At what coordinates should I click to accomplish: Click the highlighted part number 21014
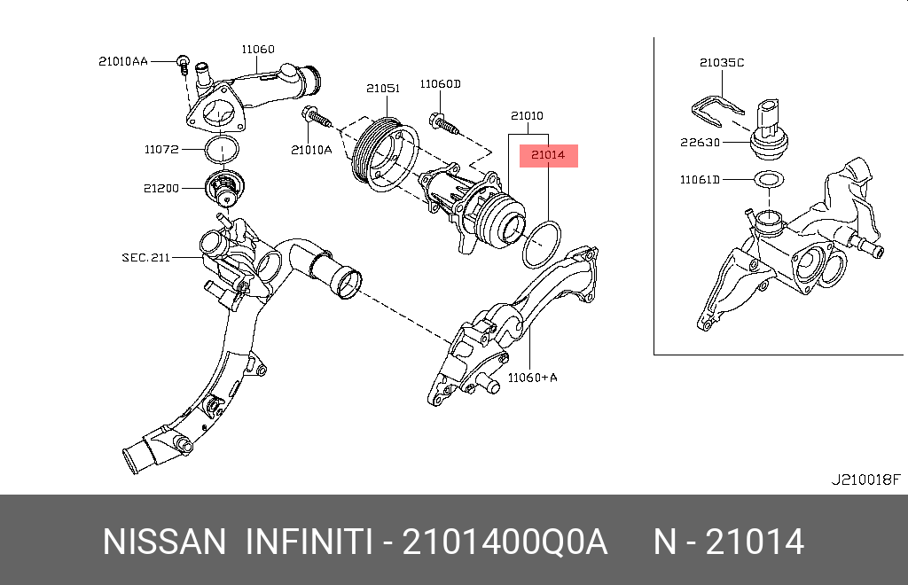(x=548, y=156)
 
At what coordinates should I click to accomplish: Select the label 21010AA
(x=122, y=61)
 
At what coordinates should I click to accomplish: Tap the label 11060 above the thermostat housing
(x=258, y=49)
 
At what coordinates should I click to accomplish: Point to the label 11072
(x=162, y=149)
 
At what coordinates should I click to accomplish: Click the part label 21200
(x=162, y=189)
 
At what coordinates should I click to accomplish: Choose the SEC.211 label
(x=145, y=258)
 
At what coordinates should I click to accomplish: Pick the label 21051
(x=383, y=89)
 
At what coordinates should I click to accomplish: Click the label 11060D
(x=441, y=84)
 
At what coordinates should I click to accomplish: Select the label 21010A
(x=310, y=150)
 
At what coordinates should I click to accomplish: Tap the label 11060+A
(x=532, y=378)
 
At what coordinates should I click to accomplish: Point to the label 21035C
(x=722, y=63)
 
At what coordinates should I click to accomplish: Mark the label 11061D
(x=701, y=180)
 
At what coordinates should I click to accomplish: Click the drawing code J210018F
(x=865, y=480)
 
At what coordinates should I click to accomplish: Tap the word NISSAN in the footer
(x=165, y=542)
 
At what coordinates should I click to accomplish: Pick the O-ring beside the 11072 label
(x=222, y=149)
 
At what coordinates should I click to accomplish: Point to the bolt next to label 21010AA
(x=182, y=62)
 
